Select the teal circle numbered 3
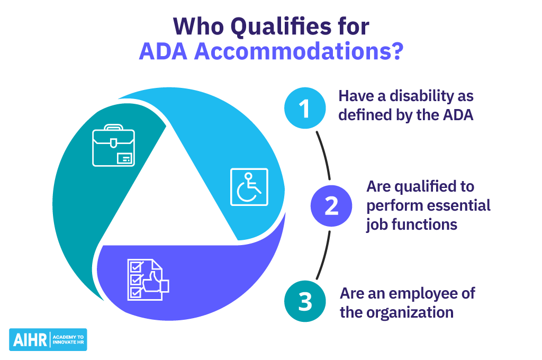tap(304, 302)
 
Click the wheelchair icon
tap(249, 187)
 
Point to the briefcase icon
tap(113, 146)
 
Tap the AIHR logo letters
tap(29, 340)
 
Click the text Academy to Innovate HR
tap(68, 340)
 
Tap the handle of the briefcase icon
tap(113, 128)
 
